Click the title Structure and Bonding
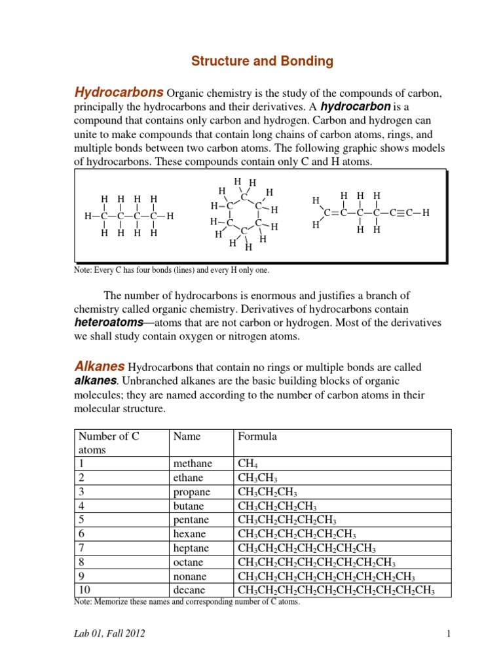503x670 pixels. [262, 62]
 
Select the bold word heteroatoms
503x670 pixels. [109, 323]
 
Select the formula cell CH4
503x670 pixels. [249, 464]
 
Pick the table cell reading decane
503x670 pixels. [187, 590]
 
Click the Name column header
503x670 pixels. [187, 436]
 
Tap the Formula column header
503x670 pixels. [257, 436]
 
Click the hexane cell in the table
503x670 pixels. [188, 535]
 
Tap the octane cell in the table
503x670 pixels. [187, 562]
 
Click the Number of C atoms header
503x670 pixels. [109, 443]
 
